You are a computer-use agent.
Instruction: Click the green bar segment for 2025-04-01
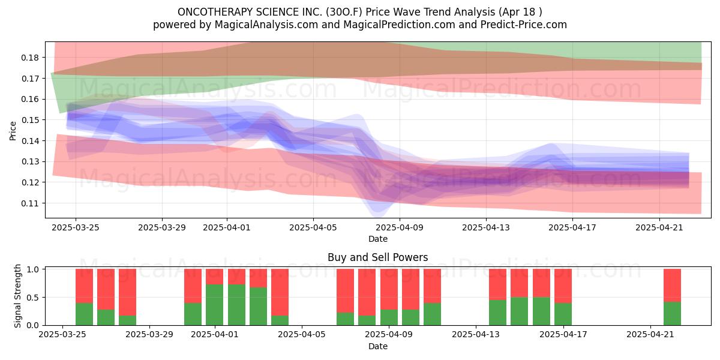pyautogui.click(x=214, y=305)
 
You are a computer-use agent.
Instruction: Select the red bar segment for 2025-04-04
pyautogui.click(x=280, y=292)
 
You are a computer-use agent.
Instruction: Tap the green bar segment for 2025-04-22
pyautogui.click(x=672, y=313)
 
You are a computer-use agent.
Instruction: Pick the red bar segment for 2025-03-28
pyautogui.click(x=127, y=292)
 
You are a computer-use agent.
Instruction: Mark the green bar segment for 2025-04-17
pyautogui.click(x=563, y=314)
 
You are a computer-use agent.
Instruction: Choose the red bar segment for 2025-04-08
pyautogui.click(x=367, y=292)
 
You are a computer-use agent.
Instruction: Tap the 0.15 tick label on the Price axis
pyautogui.click(x=30, y=120)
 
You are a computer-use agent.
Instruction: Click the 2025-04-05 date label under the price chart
pyautogui.click(x=313, y=227)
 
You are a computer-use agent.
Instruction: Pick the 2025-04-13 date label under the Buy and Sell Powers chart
pyautogui.click(x=476, y=334)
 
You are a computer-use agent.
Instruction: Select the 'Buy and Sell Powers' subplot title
pyautogui.click(x=377, y=257)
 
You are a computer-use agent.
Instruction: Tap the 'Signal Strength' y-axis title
pyautogui.click(x=17, y=296)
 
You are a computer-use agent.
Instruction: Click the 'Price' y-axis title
pyautogui.click(x=13, y=131)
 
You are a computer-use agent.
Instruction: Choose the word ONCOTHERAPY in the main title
pyautogui.click(x=215, y=12)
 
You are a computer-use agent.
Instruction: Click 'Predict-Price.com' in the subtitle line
pyautogui.click(x=524, y=25)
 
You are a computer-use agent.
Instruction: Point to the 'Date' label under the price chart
pyautogui.click(x=377, y=239)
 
